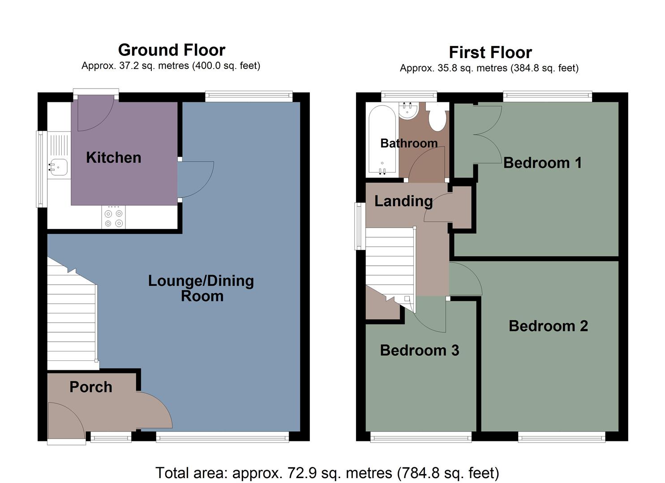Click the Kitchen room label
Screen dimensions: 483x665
click(113, 157)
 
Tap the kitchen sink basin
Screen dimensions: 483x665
click(59, 167)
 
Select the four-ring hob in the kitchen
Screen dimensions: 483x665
click(113, 217)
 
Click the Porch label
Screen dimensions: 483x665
click(90, 387)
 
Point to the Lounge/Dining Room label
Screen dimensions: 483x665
click(201, 288)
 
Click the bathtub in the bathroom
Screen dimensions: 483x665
click(382, 140)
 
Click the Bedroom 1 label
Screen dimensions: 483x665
click(542, 162)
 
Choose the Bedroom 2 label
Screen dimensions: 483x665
click(548, 326)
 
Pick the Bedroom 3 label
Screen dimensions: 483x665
click(419, 350)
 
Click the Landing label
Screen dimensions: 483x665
click(403, 201)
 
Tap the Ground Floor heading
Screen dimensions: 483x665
click(172, 50)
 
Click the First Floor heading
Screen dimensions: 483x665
click(490, 52)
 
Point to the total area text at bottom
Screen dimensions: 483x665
click(327, 472)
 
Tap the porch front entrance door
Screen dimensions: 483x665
click(66, 420)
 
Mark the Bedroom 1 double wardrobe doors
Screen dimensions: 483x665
click(487, 134)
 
